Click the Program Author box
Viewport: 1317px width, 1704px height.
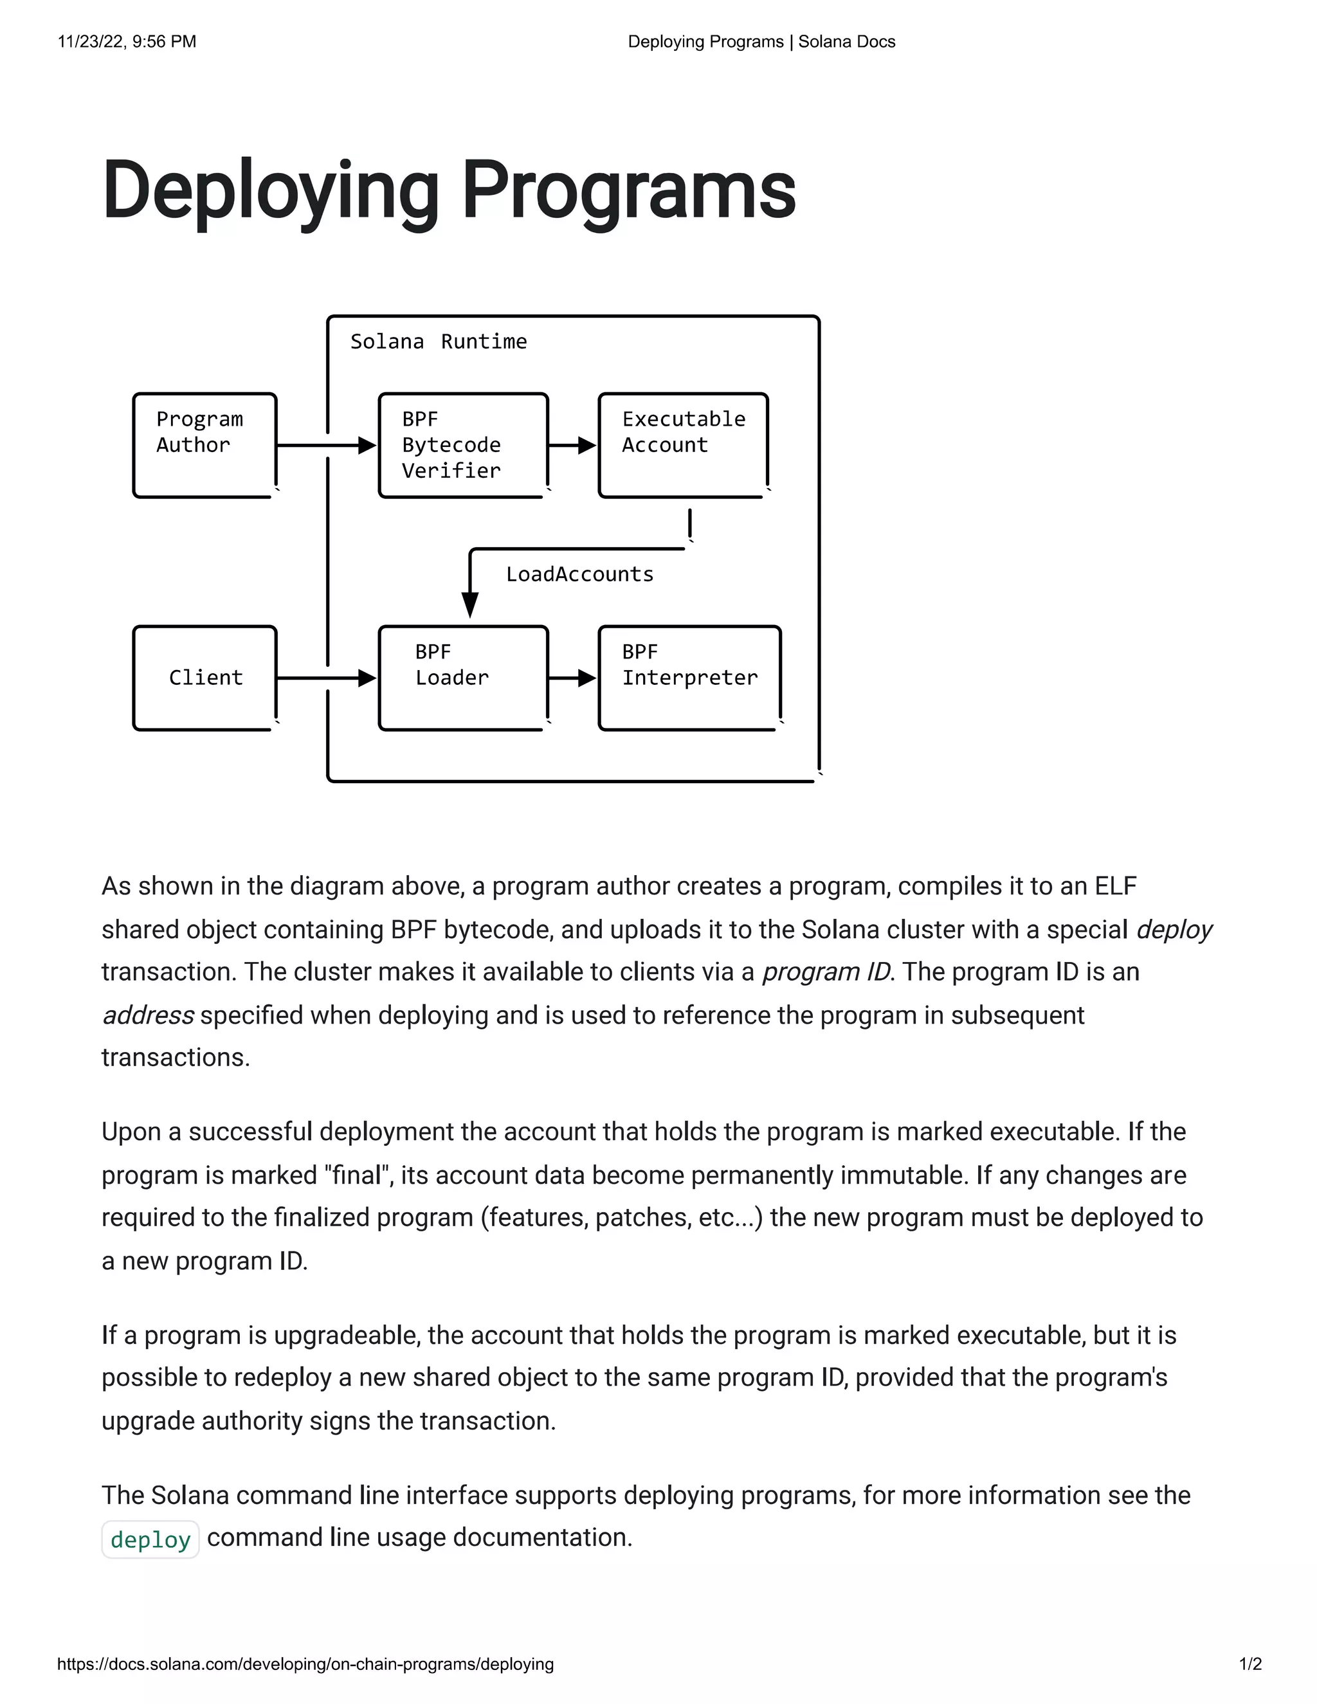tap(204, 445)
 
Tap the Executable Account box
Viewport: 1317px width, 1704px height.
tap(684, 445)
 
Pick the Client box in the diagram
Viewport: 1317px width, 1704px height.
tap(204, 677)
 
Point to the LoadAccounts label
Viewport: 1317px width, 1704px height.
tap(579, 574)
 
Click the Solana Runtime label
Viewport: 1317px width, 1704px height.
tap(439, 341)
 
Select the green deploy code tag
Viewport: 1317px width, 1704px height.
tap(150, 1539)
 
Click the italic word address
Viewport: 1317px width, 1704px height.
tap(147, 1015)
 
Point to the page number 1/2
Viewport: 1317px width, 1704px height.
tap(1250, 1664)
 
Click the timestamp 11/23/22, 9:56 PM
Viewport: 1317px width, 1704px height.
tap(127, 41)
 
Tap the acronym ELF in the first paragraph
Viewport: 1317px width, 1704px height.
tap(1115, 886)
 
